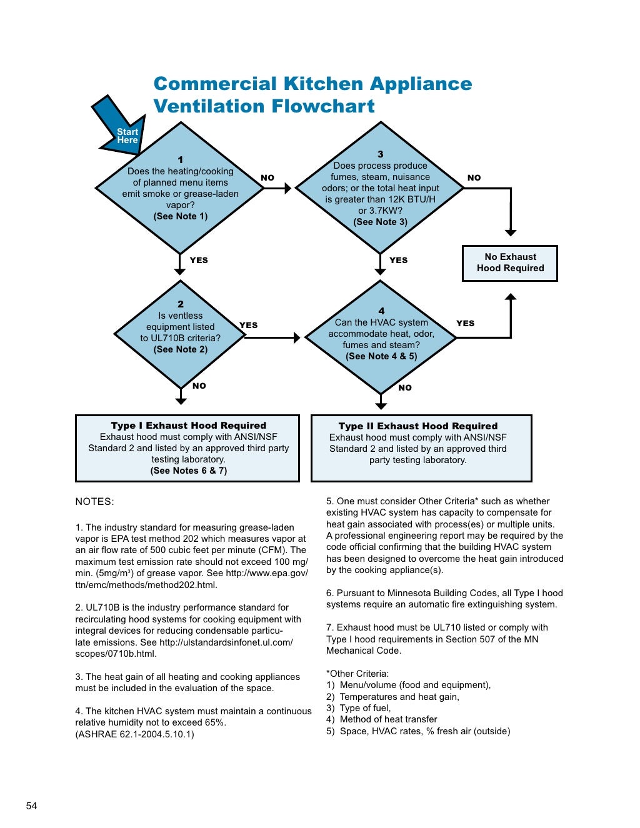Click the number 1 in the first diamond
tap(181, 159)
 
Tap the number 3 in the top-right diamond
tap(380, 154)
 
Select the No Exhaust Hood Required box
tap(510, 262)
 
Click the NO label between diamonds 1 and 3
tap(267, 178)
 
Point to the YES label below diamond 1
tap(199, 260)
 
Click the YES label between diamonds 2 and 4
tap(248, 325)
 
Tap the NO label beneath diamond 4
tap(405, 387)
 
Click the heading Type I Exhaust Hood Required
tap(188, 426)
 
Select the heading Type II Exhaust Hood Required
tap(417, 426)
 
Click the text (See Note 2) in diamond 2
tap(181, 349)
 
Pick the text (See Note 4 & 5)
tap(381, 356)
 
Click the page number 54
tap(31, 806)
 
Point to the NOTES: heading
tap(95, 501)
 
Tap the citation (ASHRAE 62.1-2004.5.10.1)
tap(134, 734)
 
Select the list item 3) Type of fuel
tap(359, 708)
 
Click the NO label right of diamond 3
tap(474, 178)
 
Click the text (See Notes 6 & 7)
tap(188, 471)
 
